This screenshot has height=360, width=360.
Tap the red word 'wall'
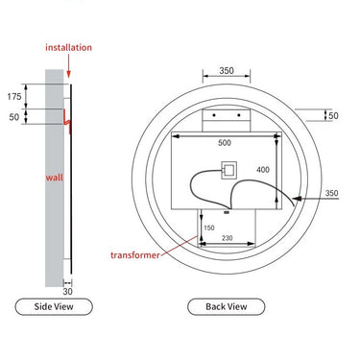pos(54,178)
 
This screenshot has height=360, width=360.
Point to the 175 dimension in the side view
pos(13,97)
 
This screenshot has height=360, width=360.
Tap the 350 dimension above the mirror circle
pos(227,71)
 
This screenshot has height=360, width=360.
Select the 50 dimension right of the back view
pos(333,116)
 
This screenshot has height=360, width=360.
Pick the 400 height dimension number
pos(263,170)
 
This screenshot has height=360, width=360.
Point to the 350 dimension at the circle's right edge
pos(332,194)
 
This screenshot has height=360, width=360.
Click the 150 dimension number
pos(207,228)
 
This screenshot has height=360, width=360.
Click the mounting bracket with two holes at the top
pos(227,117)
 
